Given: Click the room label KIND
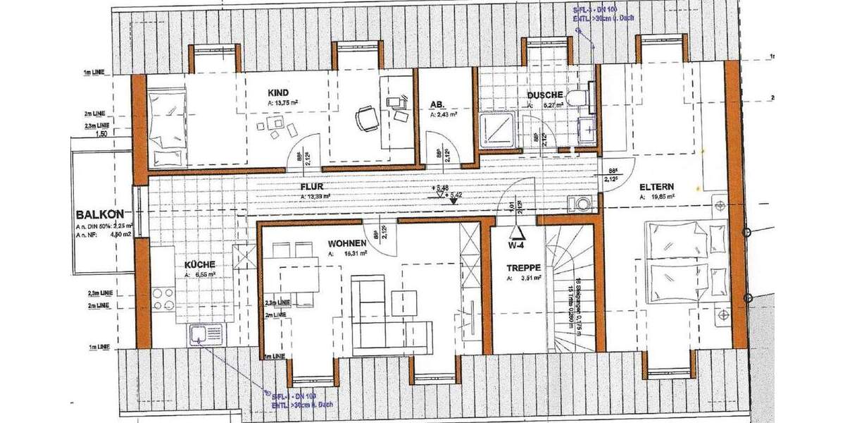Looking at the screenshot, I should tap(278, 93).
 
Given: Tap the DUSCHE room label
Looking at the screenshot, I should tap(544, 95).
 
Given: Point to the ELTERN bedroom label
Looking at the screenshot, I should tap(657, 188).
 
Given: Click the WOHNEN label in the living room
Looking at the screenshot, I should tap(347, 243).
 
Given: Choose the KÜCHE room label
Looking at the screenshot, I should tap(201, 264).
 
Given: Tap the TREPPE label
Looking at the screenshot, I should tap(523, 269).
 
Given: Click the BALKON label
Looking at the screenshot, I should tap(101, 214).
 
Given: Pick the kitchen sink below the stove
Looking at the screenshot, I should tap(204, 335).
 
